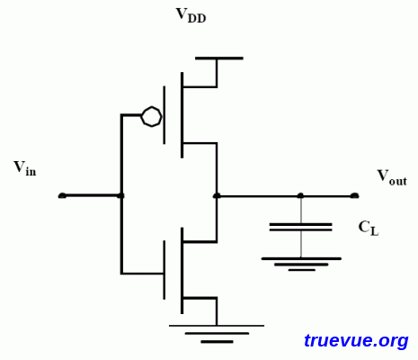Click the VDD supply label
point(190,14)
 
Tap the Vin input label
point(24,167)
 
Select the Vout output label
point(391,176)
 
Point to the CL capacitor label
point(369,228)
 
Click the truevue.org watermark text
point(356,341)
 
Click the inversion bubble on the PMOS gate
point(151,116)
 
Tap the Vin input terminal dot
point(62,195)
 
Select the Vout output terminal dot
point(354,195)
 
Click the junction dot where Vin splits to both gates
point(121,195)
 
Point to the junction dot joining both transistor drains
point(217,195)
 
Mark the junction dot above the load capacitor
point(300,195)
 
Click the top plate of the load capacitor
point(300,222)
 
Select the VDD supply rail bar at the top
point(218,58)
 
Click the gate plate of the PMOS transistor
point(164,115)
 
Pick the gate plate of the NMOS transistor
point(164,271)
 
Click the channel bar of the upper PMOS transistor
point(182,114)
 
